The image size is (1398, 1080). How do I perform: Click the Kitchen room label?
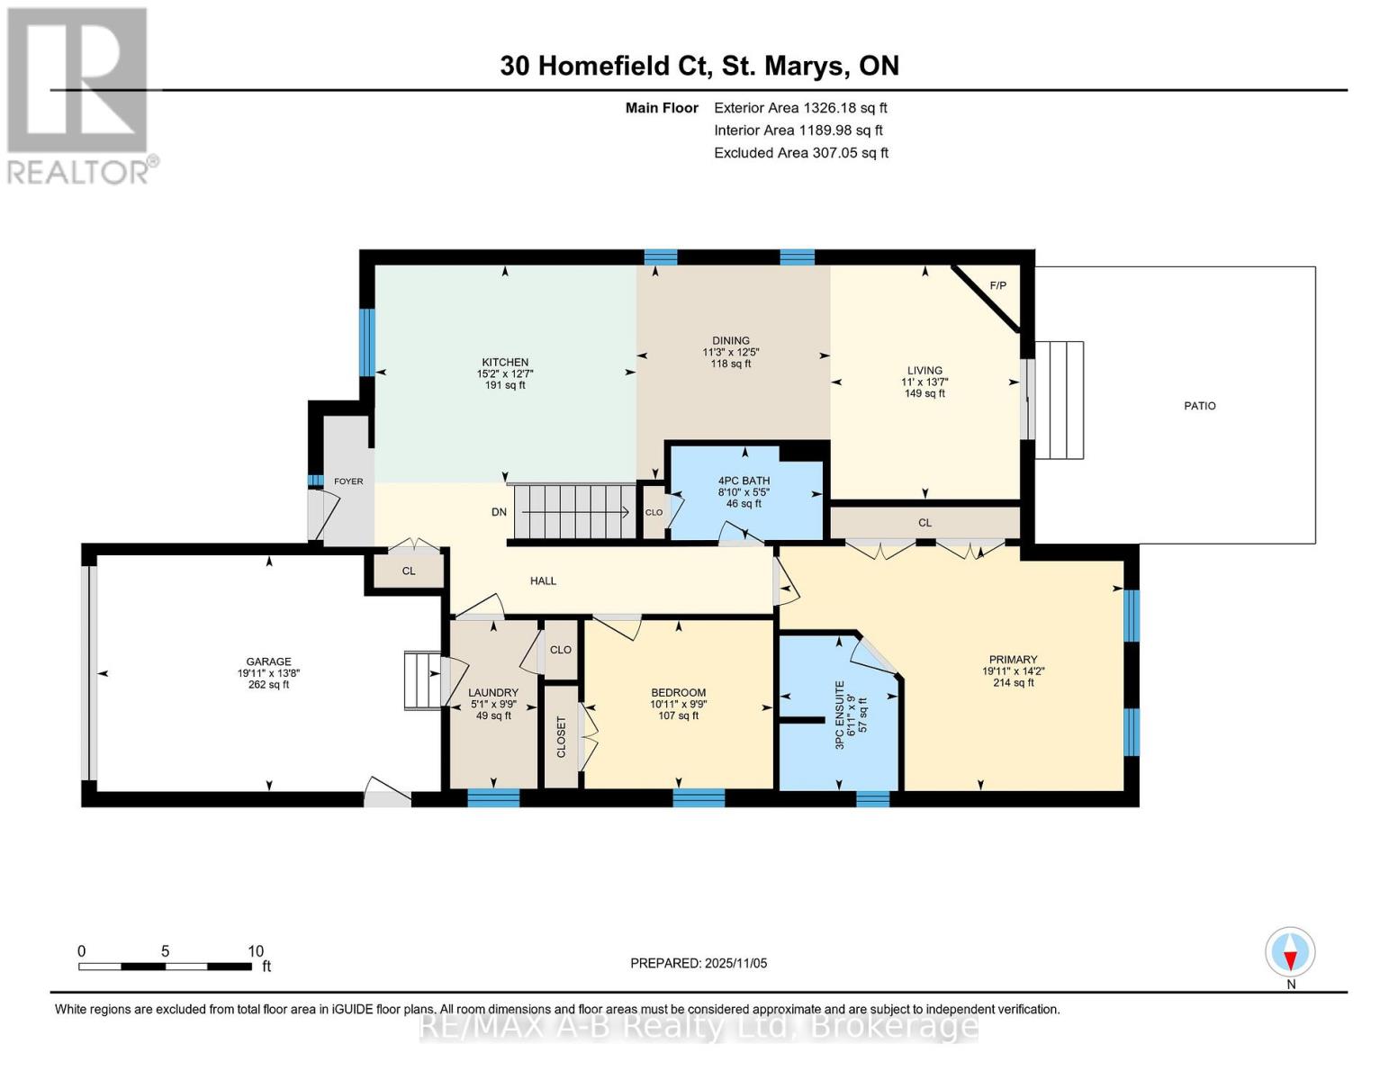[x=504, y=363]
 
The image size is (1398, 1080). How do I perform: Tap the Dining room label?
[x=730, y=341]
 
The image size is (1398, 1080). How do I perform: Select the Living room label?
[x=924, y=371]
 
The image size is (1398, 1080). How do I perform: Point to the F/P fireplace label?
[x=997, y=286]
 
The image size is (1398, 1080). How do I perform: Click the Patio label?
[x=1199, y=406]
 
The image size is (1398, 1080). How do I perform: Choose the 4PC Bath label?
[x=744, y=481]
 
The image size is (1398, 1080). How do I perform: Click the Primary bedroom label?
[x=1013, y=660]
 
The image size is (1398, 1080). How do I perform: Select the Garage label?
[x=268, y=662]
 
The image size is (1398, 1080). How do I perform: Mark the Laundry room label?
[x=493, y=693]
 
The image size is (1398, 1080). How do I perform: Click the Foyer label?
[x=348, y=481]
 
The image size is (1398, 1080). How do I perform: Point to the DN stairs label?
[x=499, y=512]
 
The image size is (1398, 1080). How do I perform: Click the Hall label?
[x=543, y=581]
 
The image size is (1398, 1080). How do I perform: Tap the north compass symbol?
[x=1290, y=952]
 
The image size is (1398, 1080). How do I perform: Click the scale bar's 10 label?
[x=256, y=951]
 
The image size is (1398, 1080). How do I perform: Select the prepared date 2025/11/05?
[x=699, y=963]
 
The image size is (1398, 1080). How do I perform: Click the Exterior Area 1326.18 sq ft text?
[x=800, y=108]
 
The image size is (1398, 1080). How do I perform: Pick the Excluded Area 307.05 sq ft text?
[x=801, y=153]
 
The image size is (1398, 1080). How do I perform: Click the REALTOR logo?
[x=79, y=95]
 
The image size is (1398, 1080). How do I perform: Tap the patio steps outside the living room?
[x=1059, y=400]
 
